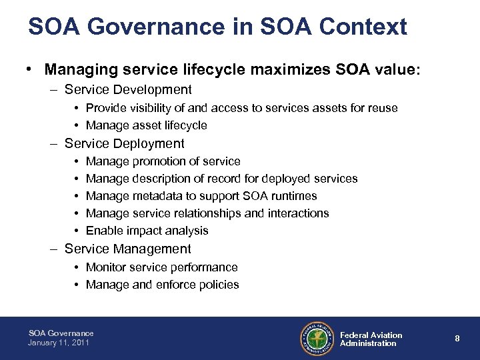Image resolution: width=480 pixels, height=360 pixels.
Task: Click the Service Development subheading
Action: click(x=128, y=89)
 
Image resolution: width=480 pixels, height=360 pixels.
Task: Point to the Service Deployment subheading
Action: click(x=124, y=143)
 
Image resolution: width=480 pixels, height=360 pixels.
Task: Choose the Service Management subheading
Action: click(x=127, y=249)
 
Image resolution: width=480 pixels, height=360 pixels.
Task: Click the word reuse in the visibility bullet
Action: click(x=381, y=108)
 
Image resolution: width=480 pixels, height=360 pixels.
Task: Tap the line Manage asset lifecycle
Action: click(x=147, y=125)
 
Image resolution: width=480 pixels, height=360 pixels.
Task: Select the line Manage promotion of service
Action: click(x=163, y=161)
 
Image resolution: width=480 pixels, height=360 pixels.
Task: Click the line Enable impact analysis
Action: click(x=147, y=231)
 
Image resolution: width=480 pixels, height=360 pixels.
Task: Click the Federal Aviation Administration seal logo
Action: click(x=317, y=339)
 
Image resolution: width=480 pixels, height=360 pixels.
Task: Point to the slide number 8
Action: click(x=457, y=339)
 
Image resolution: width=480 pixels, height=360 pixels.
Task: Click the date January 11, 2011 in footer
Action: click(x=59, y=343)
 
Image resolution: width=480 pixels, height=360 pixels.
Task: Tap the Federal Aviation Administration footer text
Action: click(x=371, y=339)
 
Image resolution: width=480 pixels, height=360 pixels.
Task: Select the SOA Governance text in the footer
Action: click(x=61, y=333)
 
